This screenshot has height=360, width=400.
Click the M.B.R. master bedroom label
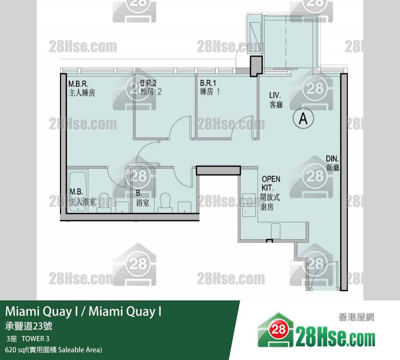click(x=82, y=89)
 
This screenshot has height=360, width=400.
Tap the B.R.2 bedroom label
click(x=151, y=87)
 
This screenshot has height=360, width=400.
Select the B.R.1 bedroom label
click(x=210, y=87)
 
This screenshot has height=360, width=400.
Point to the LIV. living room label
click(x=276, y=100)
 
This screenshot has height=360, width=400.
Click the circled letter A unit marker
click(x=303, y=118)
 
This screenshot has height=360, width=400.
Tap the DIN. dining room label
click(x=332, y=163)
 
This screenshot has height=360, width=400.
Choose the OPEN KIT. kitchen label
click(x=270, y=193)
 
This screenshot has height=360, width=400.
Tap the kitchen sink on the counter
click(x=249, y=205)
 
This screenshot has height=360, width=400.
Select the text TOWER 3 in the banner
click(x=36, y=339)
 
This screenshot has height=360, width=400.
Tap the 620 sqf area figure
click(x=16, y=350)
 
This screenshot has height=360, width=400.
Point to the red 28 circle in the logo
click(x=278, y=329)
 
